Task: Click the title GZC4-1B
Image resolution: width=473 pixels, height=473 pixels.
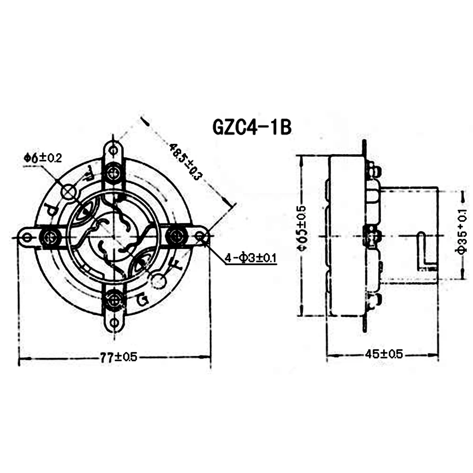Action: click(x=251, y=128)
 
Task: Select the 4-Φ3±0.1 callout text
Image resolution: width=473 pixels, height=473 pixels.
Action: click(x=251, y=258)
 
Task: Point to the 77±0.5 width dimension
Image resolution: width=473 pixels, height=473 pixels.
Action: click(x=118, y=358)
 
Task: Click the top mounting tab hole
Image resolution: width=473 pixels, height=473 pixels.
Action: click(x=113, y=150)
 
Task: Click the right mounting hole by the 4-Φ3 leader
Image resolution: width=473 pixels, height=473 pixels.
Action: click(x=201, y=236)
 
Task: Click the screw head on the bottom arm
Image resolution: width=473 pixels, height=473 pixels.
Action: click(x=114, y=299)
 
